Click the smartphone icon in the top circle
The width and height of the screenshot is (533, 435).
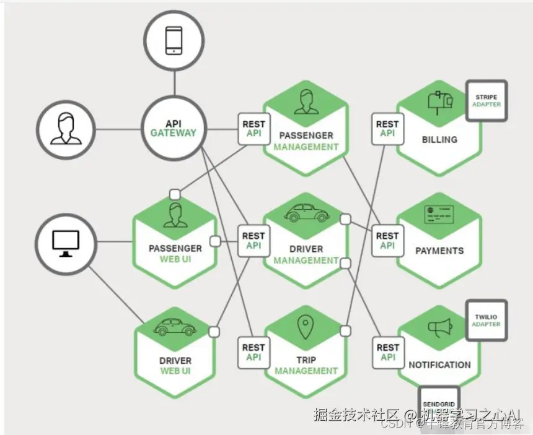click(x=174, y=41)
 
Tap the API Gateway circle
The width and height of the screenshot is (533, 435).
click(x=173, y=129)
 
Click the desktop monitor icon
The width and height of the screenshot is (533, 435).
click(x=66, y=243)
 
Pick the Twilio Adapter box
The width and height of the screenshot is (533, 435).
click(x=486, y=321)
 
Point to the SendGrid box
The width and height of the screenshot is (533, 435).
click(x=439, y=405)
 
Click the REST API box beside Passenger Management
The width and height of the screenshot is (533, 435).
click(x=253, y=129)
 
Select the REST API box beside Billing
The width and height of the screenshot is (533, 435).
click(x=387, y=129)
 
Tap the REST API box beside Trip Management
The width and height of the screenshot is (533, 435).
click(x=253, y=352)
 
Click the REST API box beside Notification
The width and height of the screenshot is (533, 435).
click(x=387, y=352)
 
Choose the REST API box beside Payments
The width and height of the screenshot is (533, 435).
click(x=387, y=240)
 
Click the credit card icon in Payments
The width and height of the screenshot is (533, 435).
click(x=439, y=214)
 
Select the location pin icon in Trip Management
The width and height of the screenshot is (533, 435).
click(x=305, y=327)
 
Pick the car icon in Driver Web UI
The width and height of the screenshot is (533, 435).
click(x=175, y=326)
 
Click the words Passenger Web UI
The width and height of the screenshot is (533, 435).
click(x=175, y=254)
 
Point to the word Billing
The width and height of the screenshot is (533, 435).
click(x=439, y=140)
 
